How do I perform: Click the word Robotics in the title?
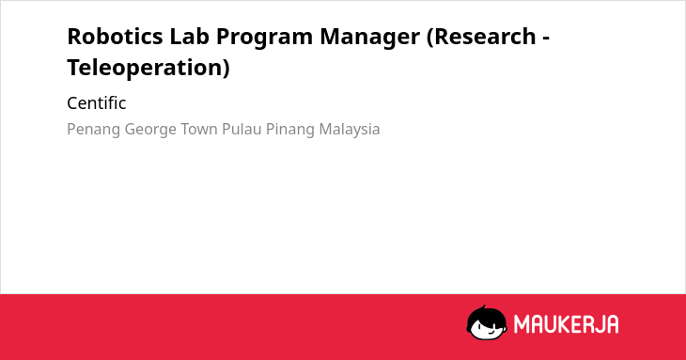click(x=115, y=37)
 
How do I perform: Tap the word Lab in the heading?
click(x=190, y=37)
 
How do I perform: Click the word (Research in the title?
click(x=481, y=38)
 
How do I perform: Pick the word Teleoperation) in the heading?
click(x=148, y=69)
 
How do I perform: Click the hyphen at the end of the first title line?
click(x=546, y=39)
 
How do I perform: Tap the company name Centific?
click(x=96, y=103)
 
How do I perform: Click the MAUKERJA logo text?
click(x=566, y=324)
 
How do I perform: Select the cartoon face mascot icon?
click(x=487, y=322)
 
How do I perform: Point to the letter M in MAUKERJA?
click(x=522, y=324)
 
